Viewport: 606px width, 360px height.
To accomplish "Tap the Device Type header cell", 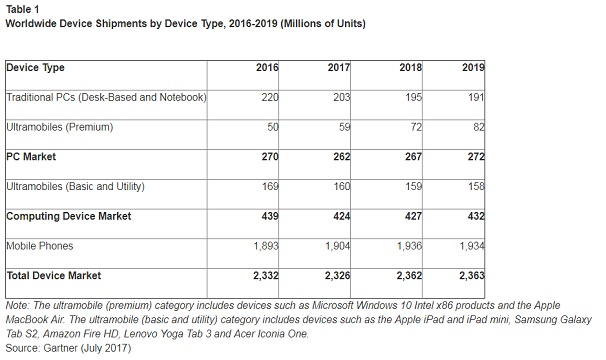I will pos(36,68).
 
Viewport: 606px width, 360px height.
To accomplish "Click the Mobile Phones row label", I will pos(40,245).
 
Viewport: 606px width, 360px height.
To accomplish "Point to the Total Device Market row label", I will pos(56,274).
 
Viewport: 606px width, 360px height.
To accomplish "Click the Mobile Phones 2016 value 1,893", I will pos(264,245).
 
